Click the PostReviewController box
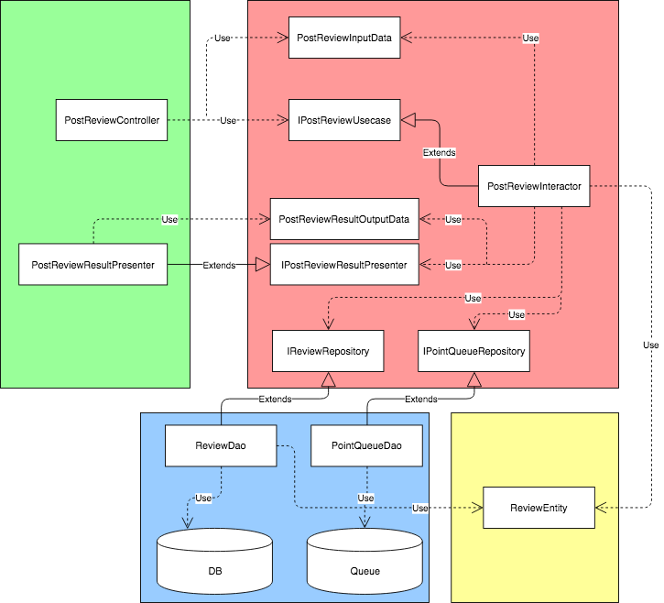[x=112, y=120]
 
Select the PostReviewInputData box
[x=344, y=38]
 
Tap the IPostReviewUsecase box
[x=344, y=120]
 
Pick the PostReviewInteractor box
[x=534, y=186]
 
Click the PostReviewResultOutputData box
[x=344, y=219]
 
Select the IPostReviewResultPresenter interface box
[x=344, y=264]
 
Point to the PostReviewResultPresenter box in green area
[x=93, y=265]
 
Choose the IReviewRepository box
[x=328, y=350]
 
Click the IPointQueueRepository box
[x=474, y=350]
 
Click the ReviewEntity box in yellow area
[x=539, y=508]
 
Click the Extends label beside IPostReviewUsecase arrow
[x=440, y=152]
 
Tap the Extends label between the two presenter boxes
[x=218, y=265]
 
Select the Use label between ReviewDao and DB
[x=203, y=498]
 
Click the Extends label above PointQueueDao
[x=420, y=400]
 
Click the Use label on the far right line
[x=650, y=345]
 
